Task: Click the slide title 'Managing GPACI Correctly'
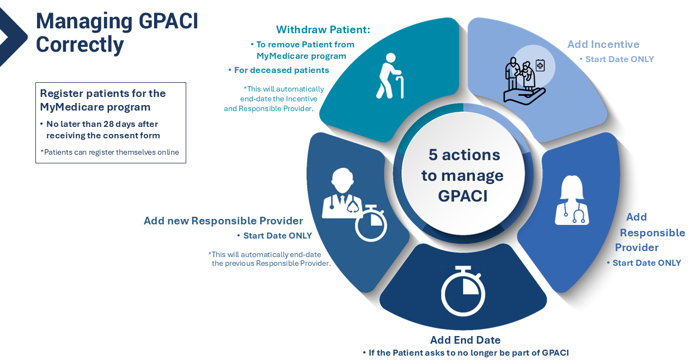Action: coord(117,33)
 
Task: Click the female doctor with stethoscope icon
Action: coord(571,200)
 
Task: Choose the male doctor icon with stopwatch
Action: coord(353,202)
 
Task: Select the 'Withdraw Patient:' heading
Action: coord(323,29)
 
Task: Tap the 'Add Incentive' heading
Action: coord(603,44)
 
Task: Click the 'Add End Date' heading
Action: coord(465,340)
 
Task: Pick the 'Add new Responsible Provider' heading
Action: coord(223,221)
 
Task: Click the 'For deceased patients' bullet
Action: coord(282,70)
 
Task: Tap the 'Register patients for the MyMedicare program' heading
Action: coord(103,100)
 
